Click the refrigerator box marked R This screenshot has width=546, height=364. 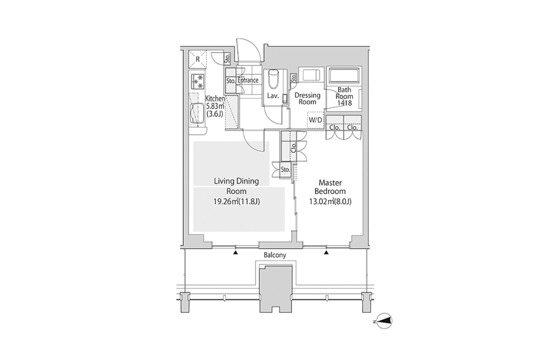click(x=198, y=59)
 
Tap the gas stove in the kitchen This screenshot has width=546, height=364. click(x=198, y=81)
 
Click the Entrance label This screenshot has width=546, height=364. click(x=248, y=80)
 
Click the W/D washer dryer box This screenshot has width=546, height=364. click(x=316, y=120)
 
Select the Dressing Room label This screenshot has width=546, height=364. click(x=307, y=98)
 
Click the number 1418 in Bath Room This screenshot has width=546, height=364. click(x=344, y=103)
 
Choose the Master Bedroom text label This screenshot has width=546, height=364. click(x=330, y=187)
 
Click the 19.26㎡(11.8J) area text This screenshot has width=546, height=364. click(x=237, y=202)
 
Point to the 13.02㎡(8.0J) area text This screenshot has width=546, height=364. click(x=330, y=202)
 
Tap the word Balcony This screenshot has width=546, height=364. click(x=275, y=255)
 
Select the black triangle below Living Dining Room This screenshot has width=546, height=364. click(x=235, y=252)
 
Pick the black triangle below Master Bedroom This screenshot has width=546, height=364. click(x=326, y=252)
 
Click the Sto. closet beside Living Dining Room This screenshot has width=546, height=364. click(x=285, y=170)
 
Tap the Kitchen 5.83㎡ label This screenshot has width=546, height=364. click(x=215, y=106)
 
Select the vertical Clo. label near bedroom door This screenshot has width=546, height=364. click(x=294, y=147)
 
